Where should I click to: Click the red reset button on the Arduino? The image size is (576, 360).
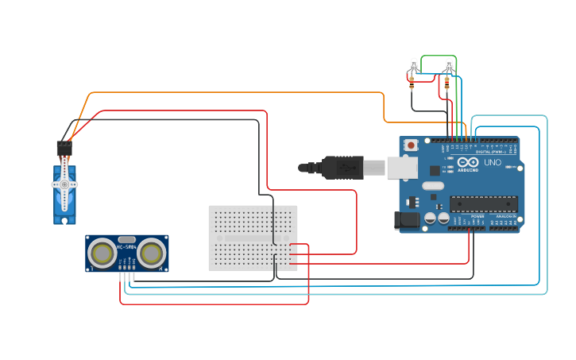411,145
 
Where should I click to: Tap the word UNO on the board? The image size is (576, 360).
493,162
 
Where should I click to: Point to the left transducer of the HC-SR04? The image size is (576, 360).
102,254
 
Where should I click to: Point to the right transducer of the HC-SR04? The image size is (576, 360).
152,254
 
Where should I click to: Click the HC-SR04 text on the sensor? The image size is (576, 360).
126,247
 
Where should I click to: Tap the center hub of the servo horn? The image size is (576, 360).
64,184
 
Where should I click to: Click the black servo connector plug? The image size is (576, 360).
64,148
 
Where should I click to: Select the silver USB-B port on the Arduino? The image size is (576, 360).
401,167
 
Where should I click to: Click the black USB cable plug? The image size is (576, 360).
342,168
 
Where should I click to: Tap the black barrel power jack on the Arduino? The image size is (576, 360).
407,220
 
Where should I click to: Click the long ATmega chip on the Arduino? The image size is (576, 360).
484,204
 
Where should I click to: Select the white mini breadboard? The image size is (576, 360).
253,238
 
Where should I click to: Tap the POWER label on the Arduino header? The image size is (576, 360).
477,216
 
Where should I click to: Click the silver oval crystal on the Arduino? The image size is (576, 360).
433,186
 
